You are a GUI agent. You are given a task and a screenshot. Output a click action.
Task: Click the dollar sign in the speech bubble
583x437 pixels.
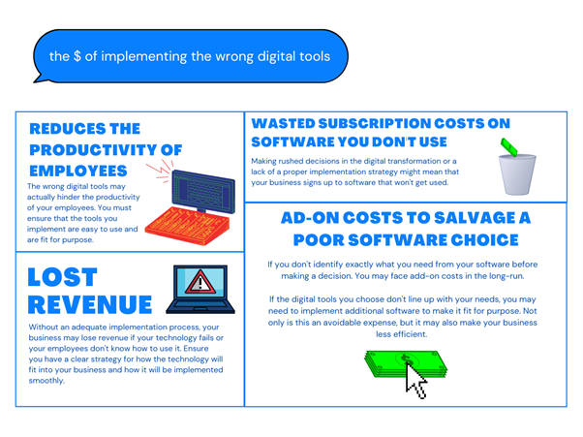point(77,56)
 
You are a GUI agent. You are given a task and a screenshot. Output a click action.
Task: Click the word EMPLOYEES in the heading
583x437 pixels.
point(78,172)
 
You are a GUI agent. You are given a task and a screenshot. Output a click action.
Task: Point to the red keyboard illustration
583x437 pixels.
point(188,226)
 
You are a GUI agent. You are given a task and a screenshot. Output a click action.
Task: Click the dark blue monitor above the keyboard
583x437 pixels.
point(203,192)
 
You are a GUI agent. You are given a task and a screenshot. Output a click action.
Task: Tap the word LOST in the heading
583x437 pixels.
point(62,277)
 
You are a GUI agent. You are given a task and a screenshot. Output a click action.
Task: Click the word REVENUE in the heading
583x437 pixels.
point(90,305)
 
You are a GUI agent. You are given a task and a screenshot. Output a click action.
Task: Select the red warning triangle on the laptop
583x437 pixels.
point(200,282)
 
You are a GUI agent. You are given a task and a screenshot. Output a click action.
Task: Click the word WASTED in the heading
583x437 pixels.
point(284,123)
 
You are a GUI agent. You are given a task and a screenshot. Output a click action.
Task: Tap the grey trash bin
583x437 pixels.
point(517,174)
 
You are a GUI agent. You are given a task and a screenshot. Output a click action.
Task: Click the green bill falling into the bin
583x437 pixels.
point(509,147)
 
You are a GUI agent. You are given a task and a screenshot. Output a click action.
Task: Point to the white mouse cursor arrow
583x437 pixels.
point(414,381)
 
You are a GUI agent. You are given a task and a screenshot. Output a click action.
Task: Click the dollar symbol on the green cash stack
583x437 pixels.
point(406,359)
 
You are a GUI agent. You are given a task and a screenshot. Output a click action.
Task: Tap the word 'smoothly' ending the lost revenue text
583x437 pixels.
point(46,381)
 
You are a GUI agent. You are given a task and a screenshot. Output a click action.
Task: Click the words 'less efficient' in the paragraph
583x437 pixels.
point(401,334)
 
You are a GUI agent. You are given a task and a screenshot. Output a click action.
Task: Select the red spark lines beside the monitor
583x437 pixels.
point(161,171)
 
